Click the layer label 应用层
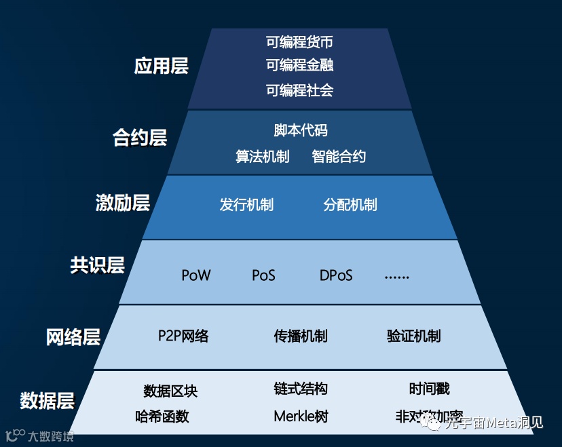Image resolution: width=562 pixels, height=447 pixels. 161,66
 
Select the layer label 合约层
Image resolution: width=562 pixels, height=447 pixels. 139,138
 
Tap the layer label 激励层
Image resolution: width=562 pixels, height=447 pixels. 122,203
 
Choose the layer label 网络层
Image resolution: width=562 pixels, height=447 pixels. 73,336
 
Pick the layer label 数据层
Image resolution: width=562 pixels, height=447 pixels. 47,400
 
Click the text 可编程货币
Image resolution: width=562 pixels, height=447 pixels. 299,42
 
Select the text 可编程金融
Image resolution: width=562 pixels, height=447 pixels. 299,65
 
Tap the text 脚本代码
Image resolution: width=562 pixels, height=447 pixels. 300,130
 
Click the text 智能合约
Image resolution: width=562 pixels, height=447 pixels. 339,157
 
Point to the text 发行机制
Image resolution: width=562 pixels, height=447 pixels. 246,205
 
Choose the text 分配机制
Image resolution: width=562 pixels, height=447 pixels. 350,205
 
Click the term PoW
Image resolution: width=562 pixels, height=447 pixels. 196,275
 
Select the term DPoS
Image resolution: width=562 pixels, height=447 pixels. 336,275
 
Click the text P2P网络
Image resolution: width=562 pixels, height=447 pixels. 183,336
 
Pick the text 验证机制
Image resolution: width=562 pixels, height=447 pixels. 413,336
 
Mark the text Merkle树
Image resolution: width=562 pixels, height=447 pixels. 301,416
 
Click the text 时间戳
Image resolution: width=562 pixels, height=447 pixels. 430,389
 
